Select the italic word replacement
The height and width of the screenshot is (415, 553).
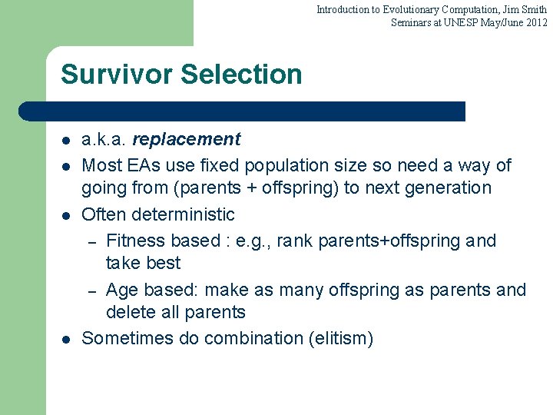tap(186, 139)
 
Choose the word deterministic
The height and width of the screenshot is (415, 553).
tap(184, 214)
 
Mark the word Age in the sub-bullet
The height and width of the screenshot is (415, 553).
tap(121, 290)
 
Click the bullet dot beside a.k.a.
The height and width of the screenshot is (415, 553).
tap(66, 141)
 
